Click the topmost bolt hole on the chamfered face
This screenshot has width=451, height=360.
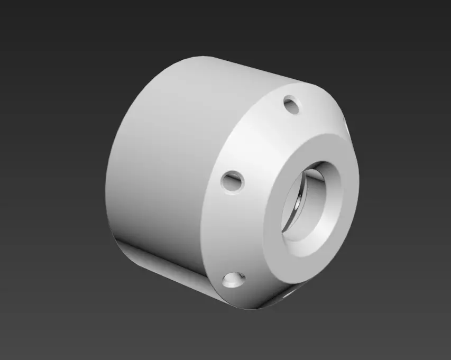[291, 104]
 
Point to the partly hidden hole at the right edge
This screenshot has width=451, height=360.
[344, 123]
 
